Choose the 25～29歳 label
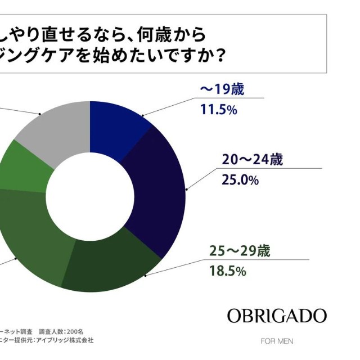(x=240, y=251)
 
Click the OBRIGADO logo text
(x=277, y=316)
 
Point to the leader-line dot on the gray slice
(x=40, y=114)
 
